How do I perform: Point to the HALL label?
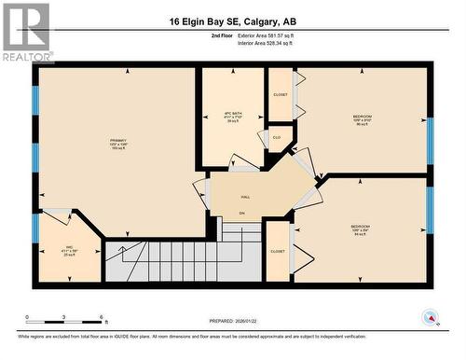tap(245, 198)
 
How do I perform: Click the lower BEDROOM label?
tap(361, 227)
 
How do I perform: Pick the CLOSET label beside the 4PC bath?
tap(280, 95)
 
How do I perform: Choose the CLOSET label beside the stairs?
tap(278, 251)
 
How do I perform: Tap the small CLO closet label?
tap(277, 137)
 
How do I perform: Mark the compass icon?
tap(431, 315)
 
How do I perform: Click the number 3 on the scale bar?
tap(63, 318)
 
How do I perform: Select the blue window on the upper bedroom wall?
tap(430, 132)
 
